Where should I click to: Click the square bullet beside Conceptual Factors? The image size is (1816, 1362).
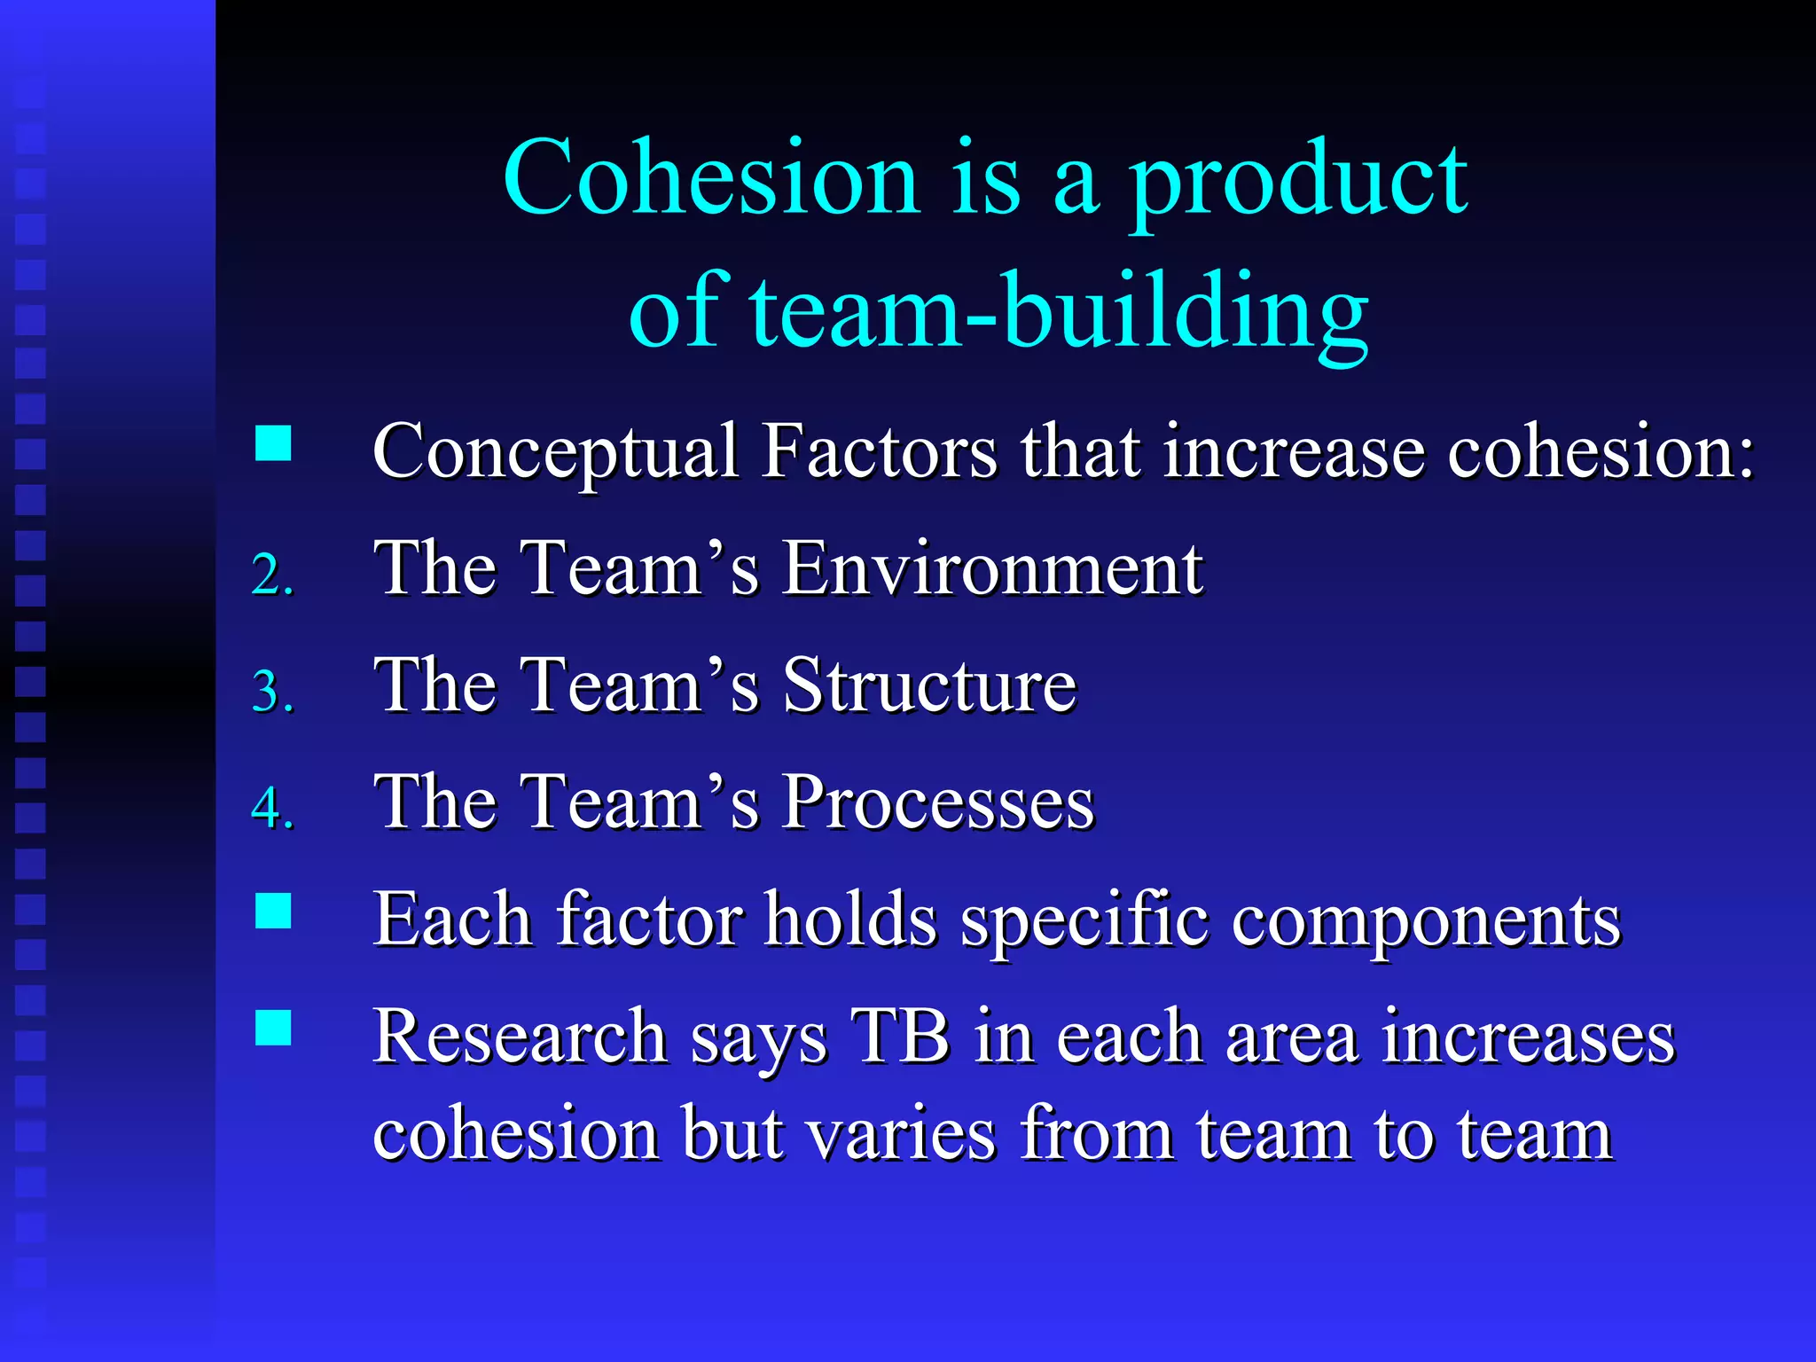[273, 443]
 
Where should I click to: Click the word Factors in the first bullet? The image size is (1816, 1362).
[880, 452]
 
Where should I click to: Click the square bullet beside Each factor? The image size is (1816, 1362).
[273, 911]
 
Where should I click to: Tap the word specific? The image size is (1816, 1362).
[1084, 922]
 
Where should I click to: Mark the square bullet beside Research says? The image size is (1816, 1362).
[273, 1028]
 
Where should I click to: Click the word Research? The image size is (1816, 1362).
[520, 1037]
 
